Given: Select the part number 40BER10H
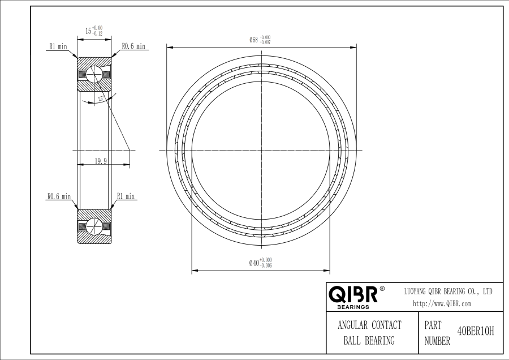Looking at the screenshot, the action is click(x=475, y=332).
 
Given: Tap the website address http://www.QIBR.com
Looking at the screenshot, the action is click(x=442, y=304).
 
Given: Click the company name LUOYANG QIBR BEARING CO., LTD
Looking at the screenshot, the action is click(x=448, y=292).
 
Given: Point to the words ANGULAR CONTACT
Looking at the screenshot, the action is click(x=369, y=325).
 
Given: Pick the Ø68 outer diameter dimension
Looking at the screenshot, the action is click(x=260, y=40).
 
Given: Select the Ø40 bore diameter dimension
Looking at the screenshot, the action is click(x=260, y=263).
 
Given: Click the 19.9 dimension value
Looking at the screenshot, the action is click(x=101, y=161).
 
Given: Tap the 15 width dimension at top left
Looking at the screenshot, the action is click(x=94, y=31).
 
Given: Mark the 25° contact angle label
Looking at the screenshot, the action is click(x=101, y=98).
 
